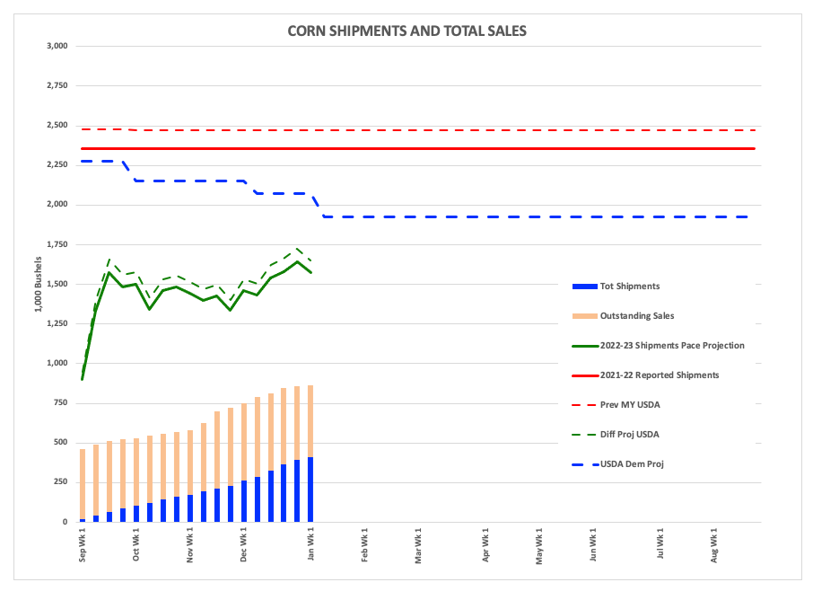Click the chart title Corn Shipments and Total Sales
[406, 31]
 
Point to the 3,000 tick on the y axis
[57, 46]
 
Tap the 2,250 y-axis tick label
[57, 165]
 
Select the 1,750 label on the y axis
[57, 244]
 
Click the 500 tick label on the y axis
[61, 443]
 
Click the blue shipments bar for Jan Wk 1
[310, 490]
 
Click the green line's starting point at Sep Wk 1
[83, 379]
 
